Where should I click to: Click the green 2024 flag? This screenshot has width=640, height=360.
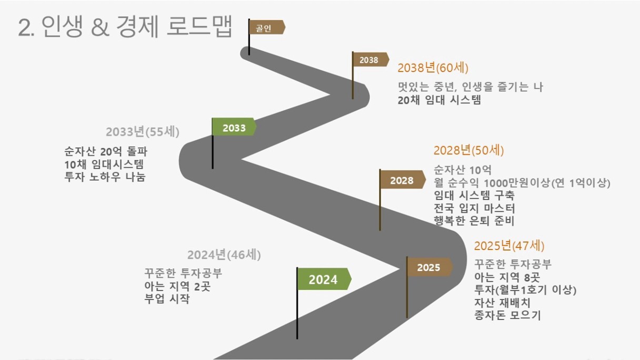coord(324,279)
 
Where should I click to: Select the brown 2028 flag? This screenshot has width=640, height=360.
coord(403,179)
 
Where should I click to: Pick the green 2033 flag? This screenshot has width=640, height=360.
coord(234,126)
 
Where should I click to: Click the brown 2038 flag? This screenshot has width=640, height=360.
coord(371,59)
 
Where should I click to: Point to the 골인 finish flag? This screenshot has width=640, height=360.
coord(266,27)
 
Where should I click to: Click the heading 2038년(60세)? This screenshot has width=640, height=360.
coord(433,68)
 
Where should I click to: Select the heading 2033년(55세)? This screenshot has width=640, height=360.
coord(143,132)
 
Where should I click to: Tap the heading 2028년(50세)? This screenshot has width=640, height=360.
coord(468,151)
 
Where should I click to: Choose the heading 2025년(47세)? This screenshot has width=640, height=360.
coord(509,246)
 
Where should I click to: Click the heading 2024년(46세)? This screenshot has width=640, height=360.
coord(224,255)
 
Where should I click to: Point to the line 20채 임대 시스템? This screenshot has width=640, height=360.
coord(439,100)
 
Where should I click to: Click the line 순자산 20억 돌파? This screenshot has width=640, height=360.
coord(105,152)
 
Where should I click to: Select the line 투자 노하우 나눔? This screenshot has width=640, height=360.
coord(105,177)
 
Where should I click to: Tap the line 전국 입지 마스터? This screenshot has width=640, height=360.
coord(474,208)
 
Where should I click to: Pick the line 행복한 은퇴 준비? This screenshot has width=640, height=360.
coord(474,221)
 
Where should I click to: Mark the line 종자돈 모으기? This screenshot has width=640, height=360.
coord(508,315)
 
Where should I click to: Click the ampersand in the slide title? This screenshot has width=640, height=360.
coord(100,27)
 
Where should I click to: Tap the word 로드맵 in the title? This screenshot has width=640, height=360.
coord(199,26)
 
